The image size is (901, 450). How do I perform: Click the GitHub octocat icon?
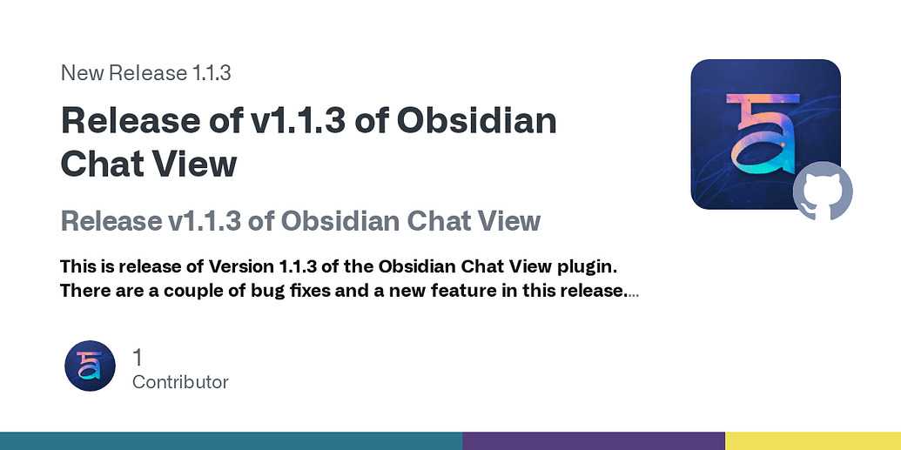[x=822, y=191]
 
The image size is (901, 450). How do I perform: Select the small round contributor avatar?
[x=90, y=366]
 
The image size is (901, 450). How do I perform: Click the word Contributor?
[x=180, y=382]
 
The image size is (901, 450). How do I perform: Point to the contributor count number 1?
[x=138, y=357]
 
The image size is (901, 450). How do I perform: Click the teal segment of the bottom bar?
[x=231, y=440]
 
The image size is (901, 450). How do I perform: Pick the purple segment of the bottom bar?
[x=593, y=440]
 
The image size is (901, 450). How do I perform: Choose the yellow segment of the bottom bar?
[x=812, y=440]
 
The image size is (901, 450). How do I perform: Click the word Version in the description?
[x=241, y=265]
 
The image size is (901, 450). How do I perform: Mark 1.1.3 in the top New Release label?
[x=210, y=73]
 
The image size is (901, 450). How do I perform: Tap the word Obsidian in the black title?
[x=477, y=121]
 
